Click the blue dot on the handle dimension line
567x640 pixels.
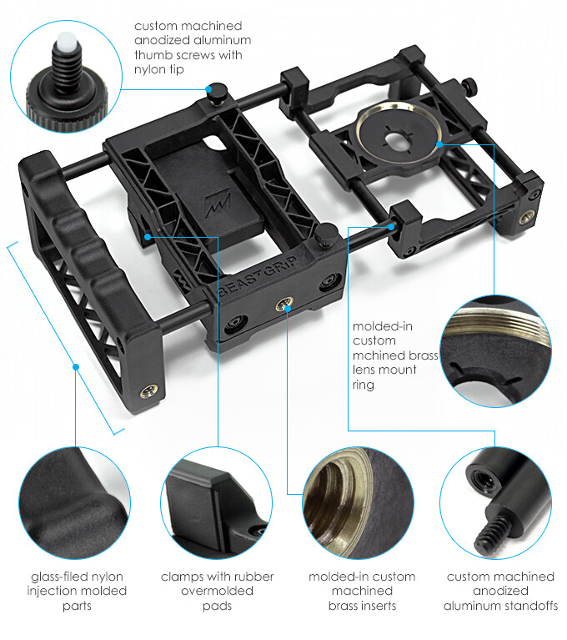tap(75, 365)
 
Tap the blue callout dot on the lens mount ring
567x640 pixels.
tap(436, 144)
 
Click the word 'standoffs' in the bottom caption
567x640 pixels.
tap(529, 606)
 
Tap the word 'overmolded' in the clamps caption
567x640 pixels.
tap(217, 592)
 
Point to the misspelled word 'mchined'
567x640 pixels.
tap(373, 355)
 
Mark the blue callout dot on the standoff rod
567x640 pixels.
tap(389, 224)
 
